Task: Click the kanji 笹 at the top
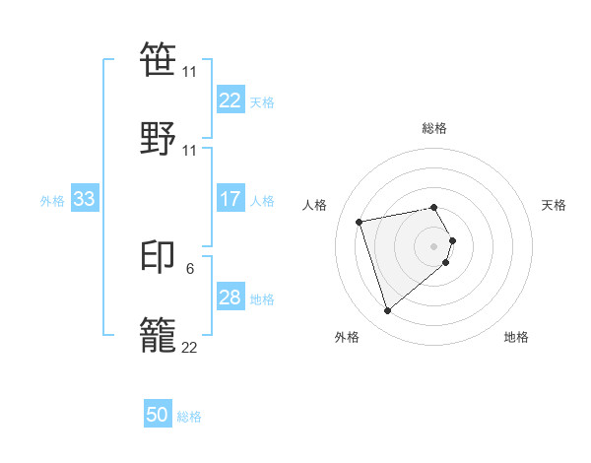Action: coord(160,57)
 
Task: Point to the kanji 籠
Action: coord(160,332)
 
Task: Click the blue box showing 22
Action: coord(230,100)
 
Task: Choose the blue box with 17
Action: coord(230,200)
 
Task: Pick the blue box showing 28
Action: coord(230,298)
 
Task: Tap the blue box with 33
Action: coord(85,200)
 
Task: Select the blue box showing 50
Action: coord(158,416)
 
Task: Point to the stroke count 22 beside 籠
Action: coord(189,346)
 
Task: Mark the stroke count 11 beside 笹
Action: coord(189,72)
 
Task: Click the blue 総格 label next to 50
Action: coord(189,418)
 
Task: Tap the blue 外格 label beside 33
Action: coord(52,201)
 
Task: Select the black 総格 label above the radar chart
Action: coord(433,128)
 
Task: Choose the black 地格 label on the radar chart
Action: coord(516,337)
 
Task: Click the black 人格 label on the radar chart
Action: coord(315,205)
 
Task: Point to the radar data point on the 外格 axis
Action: coord(387,311)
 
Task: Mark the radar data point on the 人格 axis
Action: coord(360,221)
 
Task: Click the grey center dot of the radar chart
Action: coord(433,245)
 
